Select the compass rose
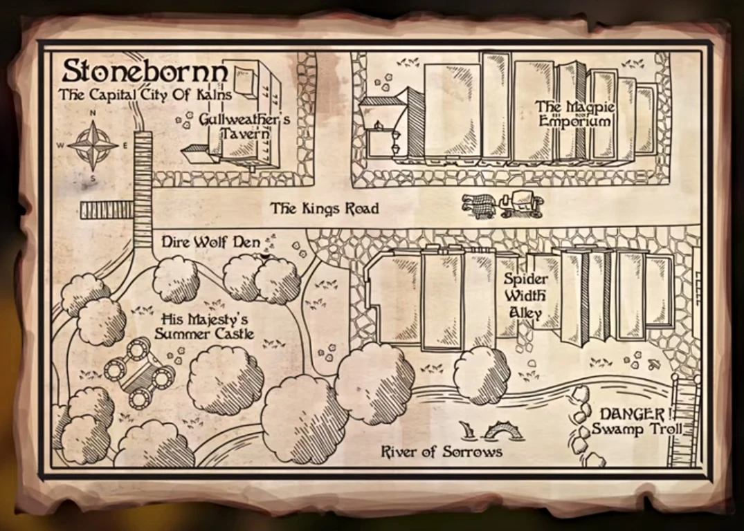(x=93, y=145)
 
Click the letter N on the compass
(x=93, y=115)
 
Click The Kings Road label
(x=325, y=208)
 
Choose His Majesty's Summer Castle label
(x=204, y=327)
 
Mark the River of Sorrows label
(x=442, y=452)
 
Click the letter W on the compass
(x=61, y=145)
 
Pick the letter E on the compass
(x=125, y=145)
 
